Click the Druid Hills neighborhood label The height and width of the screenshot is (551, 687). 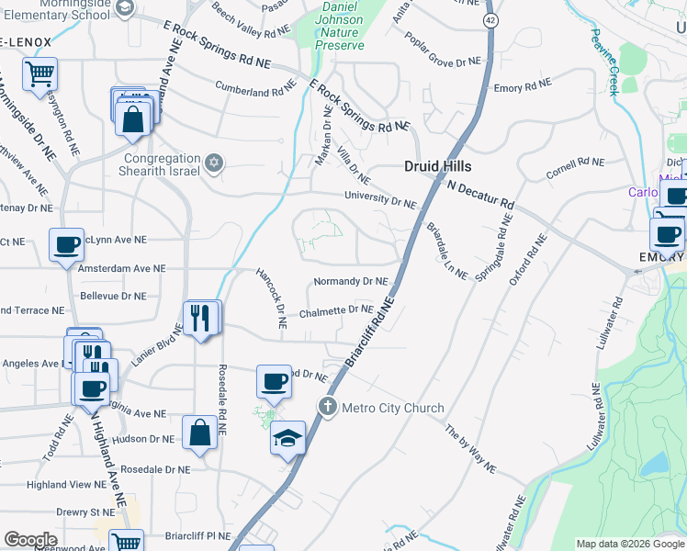click(x=438, y=166)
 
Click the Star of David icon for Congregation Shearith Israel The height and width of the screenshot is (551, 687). click(x=213, y=163)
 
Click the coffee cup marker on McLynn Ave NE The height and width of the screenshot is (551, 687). click(x=66, y=245)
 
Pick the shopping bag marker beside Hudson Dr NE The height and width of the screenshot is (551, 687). click(x=200, y=433)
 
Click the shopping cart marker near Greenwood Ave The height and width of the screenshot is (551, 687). click(x=126, y=543)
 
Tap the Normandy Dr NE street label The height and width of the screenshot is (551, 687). click(x=351, y=282)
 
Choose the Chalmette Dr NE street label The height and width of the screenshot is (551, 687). click(x=336, y=310)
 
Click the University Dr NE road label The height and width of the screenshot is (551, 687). click(x=380, y=197)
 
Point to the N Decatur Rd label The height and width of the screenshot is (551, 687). click(x=481, y=194)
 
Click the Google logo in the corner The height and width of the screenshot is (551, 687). click(x=30, y=540)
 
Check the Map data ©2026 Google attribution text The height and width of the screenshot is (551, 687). click(x=629, y=544)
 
